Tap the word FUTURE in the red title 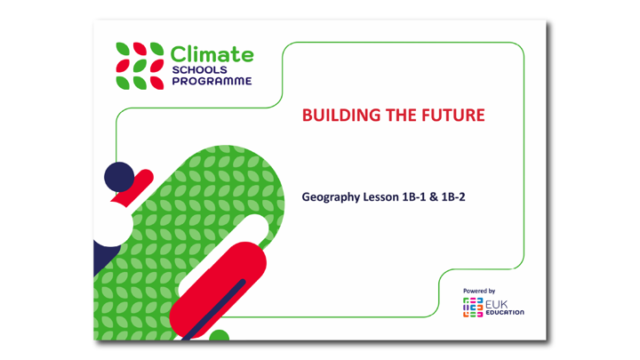coord(453,116)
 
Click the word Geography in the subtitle coord(331,196)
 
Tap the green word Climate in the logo coord(212,55)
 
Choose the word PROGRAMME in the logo coord(211,81)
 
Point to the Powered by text coord(480,291)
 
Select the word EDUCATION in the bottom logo coord(505,313)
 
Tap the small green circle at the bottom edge coord(219,336)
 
